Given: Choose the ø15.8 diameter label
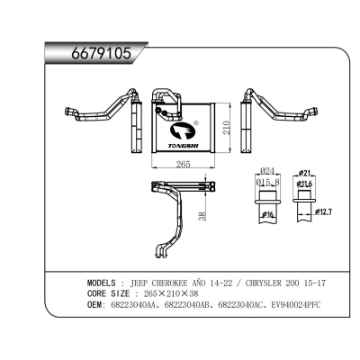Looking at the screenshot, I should click(267, 183).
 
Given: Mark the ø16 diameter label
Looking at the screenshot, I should click(267, 217).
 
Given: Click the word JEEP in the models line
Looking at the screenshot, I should click(143, 281).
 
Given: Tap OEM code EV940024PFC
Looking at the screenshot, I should click(293, 305).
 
